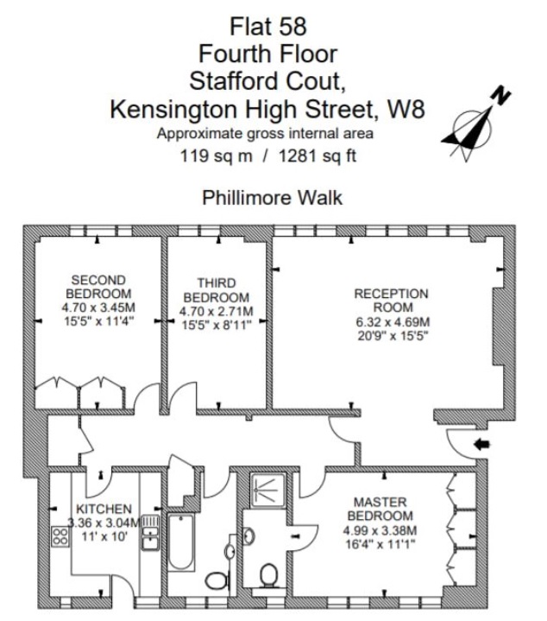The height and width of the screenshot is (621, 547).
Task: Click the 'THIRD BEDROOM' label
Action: pos(216,290)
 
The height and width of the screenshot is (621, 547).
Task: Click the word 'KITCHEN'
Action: pos(104,509)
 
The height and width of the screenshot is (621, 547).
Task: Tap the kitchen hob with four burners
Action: pos(60,537)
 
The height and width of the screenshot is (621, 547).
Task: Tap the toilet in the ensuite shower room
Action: pos(270,573)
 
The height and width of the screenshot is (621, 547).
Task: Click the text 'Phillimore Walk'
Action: pos(272,198)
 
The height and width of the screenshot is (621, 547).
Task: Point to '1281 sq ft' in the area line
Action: pos(320,156)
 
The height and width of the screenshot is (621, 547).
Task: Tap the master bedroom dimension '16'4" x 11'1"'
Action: pos(380,543)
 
